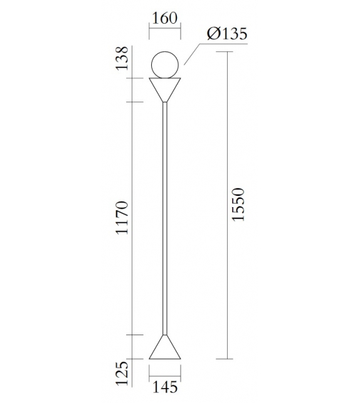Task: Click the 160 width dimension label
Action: [x=164, y=18]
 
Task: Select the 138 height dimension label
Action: [x=123, y=58]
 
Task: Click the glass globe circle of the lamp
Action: [x=166, y=63]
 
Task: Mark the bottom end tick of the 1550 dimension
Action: [x=225, y=359]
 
